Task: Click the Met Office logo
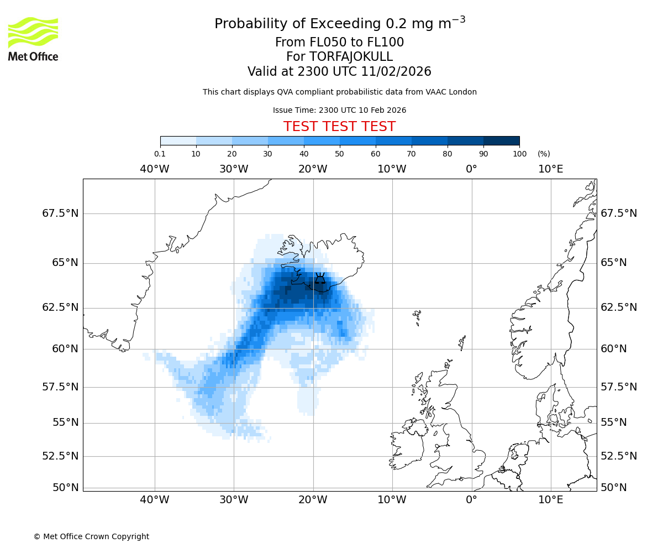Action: pyautogui.click(x=33, y=39)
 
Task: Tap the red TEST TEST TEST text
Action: pyautogui.click(x=339, y=127)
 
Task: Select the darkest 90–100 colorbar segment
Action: pyautogui.click(x=501, y=140)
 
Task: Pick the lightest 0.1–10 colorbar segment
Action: pyautogui.click(x=178, y=140)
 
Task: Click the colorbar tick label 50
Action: pyautogui.click(x=339, y=154)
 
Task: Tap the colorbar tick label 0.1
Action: pyautogui.click(x=160, y=154)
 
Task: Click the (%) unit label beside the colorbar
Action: pyautogui.click(x=544, y=154)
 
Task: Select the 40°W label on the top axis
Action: pyautogui.click(x=154, y=169)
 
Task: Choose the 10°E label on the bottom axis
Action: pyautogui.click(x=550, y=500)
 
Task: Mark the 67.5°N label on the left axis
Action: pyautogui.click(x=60, y=213)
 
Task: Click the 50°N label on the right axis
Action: pyautogui.click(x=613, y=488)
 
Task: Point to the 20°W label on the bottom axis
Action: pyautogui.click(x=313, y=500)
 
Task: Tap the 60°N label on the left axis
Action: pyautogui.click(x=65, y=349)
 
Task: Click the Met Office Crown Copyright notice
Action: pyautogui.click(x=91, y=536)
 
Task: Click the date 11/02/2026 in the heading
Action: pyautogui.click(x=396, y=72)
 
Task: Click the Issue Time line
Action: pyautogui.click(x=339, y=110)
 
